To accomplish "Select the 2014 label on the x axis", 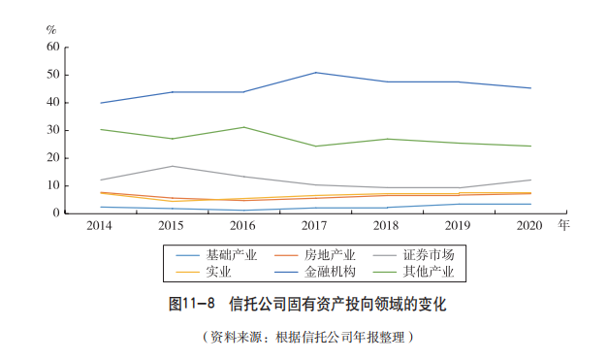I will click(x=99, y=225).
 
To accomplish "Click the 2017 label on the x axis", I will click(x=314, y=225).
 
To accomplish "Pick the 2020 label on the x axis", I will click(x=528, y=225).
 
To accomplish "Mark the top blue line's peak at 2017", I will click(x=314, y=73).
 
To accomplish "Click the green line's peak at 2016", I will click(x=242, y=127).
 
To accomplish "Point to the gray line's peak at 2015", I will click(x=171, y=166).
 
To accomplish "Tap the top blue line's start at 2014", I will click(x=100, y=103).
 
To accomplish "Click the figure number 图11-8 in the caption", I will click(x=191, y=304).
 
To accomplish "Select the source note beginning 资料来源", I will click(x=308, y=337).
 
